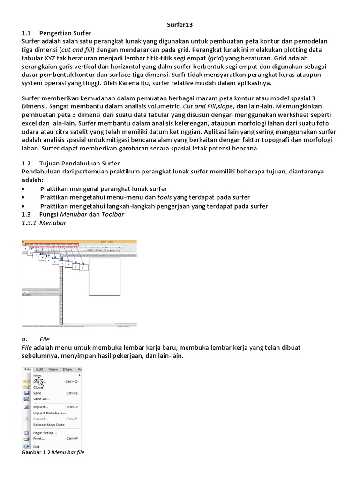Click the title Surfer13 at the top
180,24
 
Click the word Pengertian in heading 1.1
56,33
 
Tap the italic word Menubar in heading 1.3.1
53,223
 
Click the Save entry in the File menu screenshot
38,393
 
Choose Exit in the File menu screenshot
37,446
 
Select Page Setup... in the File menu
45,433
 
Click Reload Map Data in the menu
49,425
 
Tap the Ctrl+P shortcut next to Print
72,438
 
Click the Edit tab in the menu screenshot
40,369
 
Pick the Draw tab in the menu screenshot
67,369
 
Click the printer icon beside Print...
27,438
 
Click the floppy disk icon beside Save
27,393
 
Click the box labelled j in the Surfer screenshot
83,268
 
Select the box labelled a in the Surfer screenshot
26,249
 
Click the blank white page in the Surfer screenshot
104,277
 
